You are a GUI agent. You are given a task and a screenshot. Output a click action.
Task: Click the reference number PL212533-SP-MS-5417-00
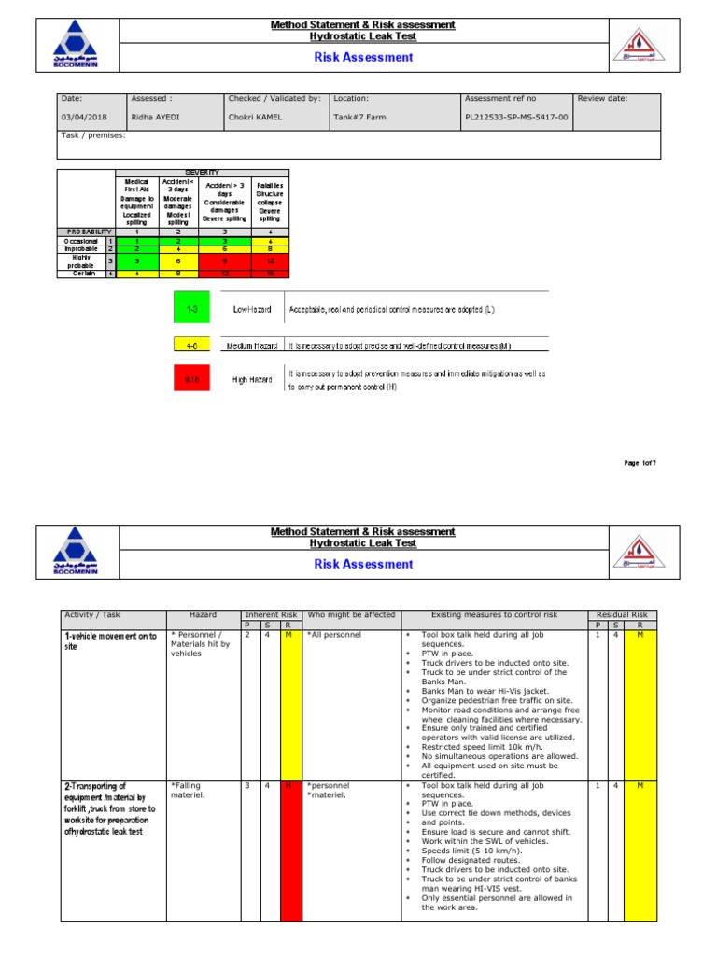click(x=516, y=118)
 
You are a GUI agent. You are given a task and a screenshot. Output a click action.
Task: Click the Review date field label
click(x=603, y=98)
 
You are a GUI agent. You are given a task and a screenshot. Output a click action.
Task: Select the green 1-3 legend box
click(x=191, y=306)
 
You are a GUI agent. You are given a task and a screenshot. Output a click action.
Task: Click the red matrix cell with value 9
click(x=223, y=261)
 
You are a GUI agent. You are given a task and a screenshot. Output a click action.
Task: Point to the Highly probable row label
click(x=80, y=261)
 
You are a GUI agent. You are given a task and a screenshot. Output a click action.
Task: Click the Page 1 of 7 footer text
click(x=640, y=463)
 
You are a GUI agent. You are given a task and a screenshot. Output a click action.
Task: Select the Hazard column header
click(x=203, y=614)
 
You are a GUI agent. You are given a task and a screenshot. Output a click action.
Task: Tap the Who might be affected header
click(x=352, y=614)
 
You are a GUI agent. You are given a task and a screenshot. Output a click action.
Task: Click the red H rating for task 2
click(x=289, y=786)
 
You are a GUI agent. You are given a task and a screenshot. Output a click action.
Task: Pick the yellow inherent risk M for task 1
click(x=289, y=635)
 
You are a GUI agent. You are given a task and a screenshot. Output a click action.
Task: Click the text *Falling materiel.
click(x=192, y=791)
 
